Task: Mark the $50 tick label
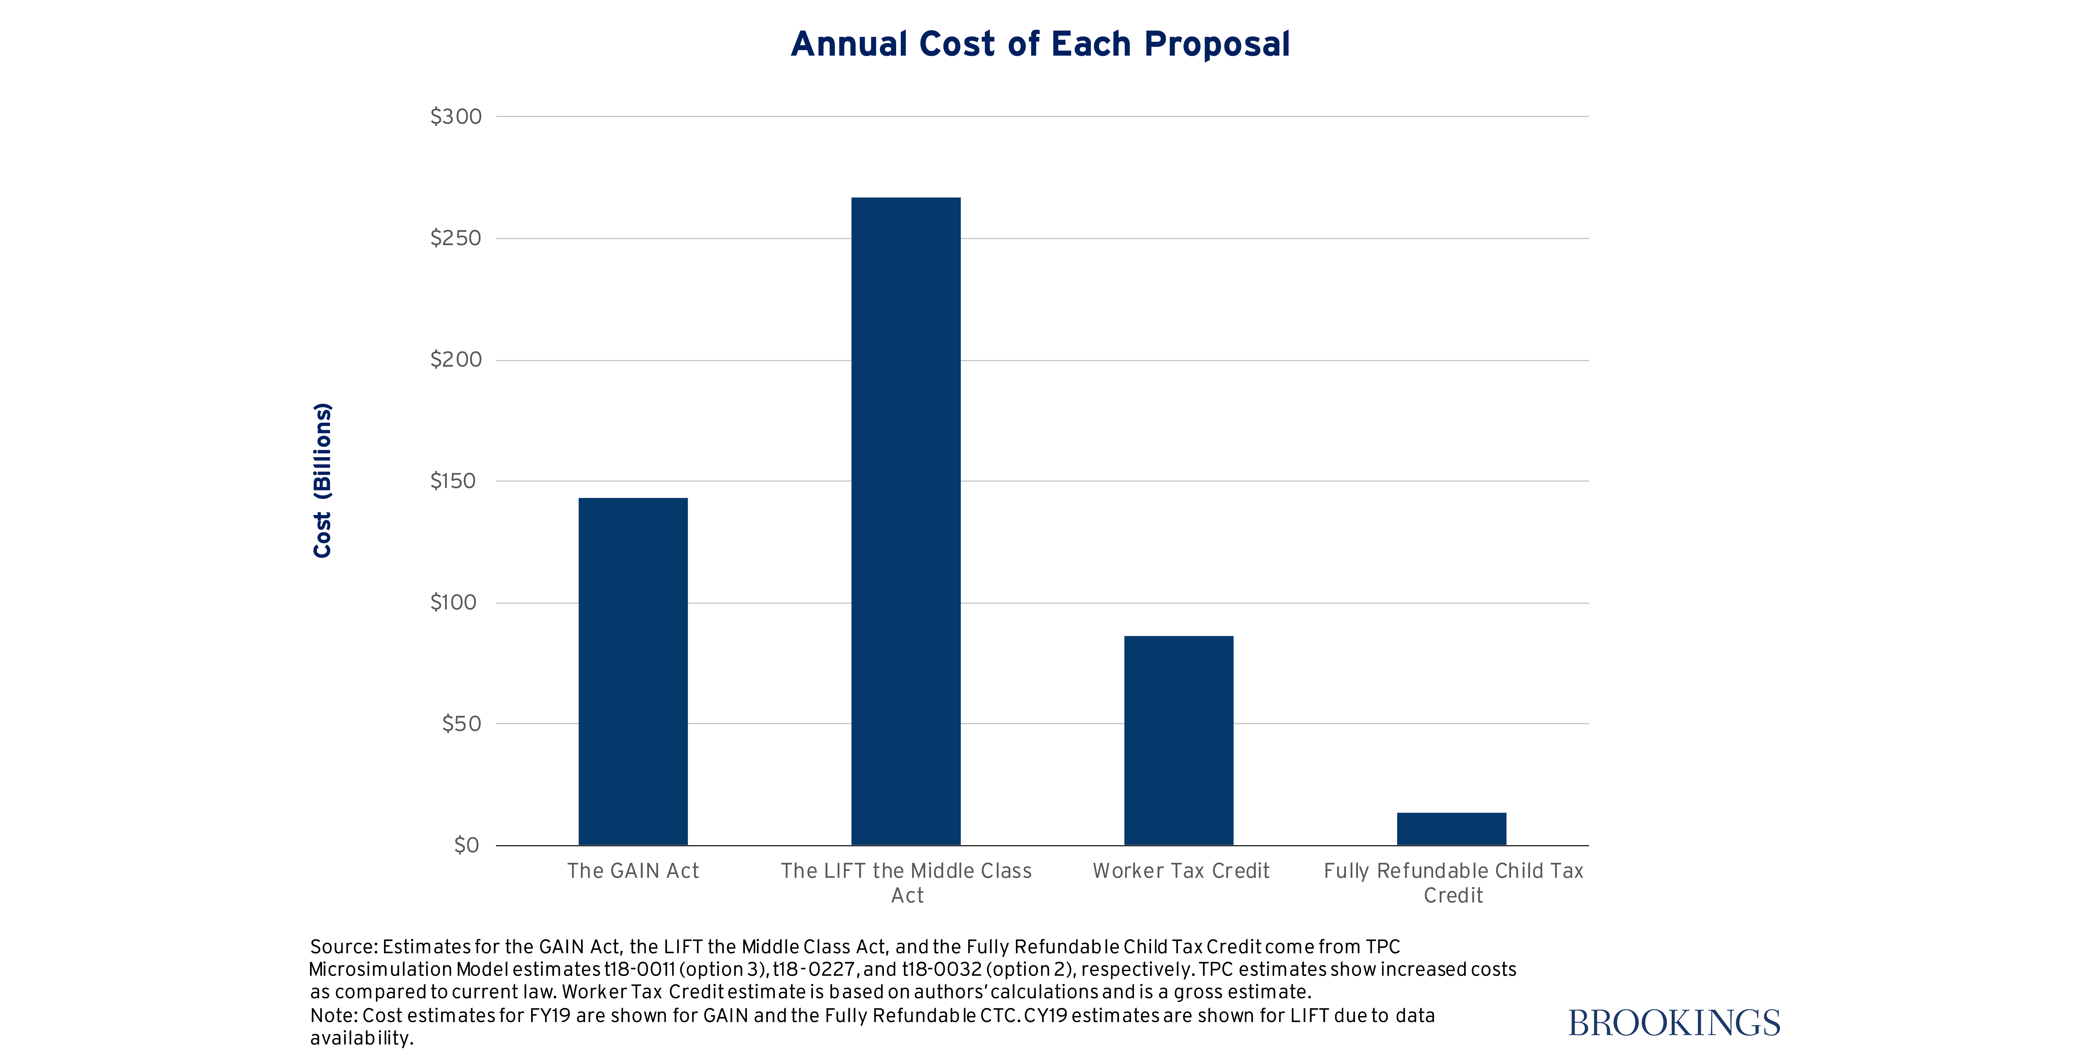click(462, 723)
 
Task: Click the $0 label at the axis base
click(467, 845)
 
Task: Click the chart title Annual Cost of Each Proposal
click(1040, 44)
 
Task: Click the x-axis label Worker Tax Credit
click(1180, 871)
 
